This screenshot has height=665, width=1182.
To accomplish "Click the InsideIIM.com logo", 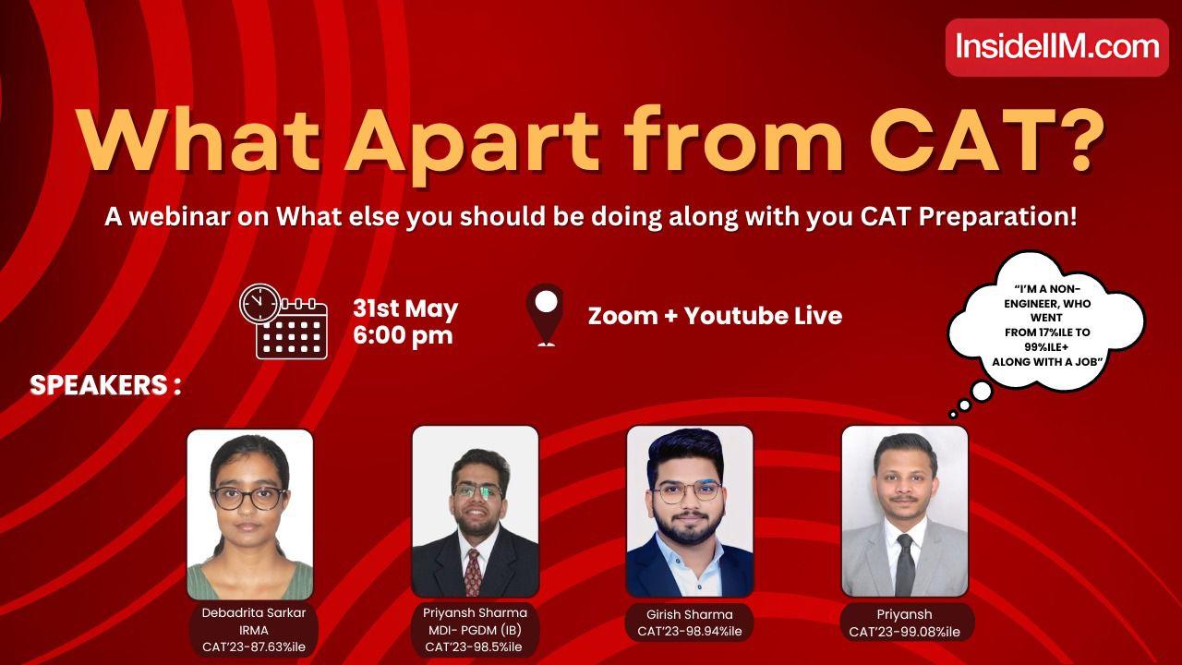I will coord(1056,46).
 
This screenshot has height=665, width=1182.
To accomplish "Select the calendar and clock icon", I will coord(283,321).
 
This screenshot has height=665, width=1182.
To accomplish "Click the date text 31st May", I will coord(405,308).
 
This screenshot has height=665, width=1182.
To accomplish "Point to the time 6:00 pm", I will coord(403,335).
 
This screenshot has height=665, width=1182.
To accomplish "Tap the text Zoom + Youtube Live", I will coord(715,316).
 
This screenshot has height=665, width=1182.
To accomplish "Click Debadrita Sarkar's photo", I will coord(250,514).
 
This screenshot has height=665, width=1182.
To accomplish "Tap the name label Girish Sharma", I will coord(690,614).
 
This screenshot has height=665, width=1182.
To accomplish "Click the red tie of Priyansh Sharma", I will coord(473,571).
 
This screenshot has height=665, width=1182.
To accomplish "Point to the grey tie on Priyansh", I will coord(904,563).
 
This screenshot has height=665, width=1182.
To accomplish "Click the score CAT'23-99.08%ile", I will coord(904,632).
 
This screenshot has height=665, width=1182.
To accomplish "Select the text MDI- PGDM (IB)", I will coord(474,630).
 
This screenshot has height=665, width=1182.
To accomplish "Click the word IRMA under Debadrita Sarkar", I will coord(253,630).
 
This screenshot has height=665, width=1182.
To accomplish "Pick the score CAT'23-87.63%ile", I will coord(253,647).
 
